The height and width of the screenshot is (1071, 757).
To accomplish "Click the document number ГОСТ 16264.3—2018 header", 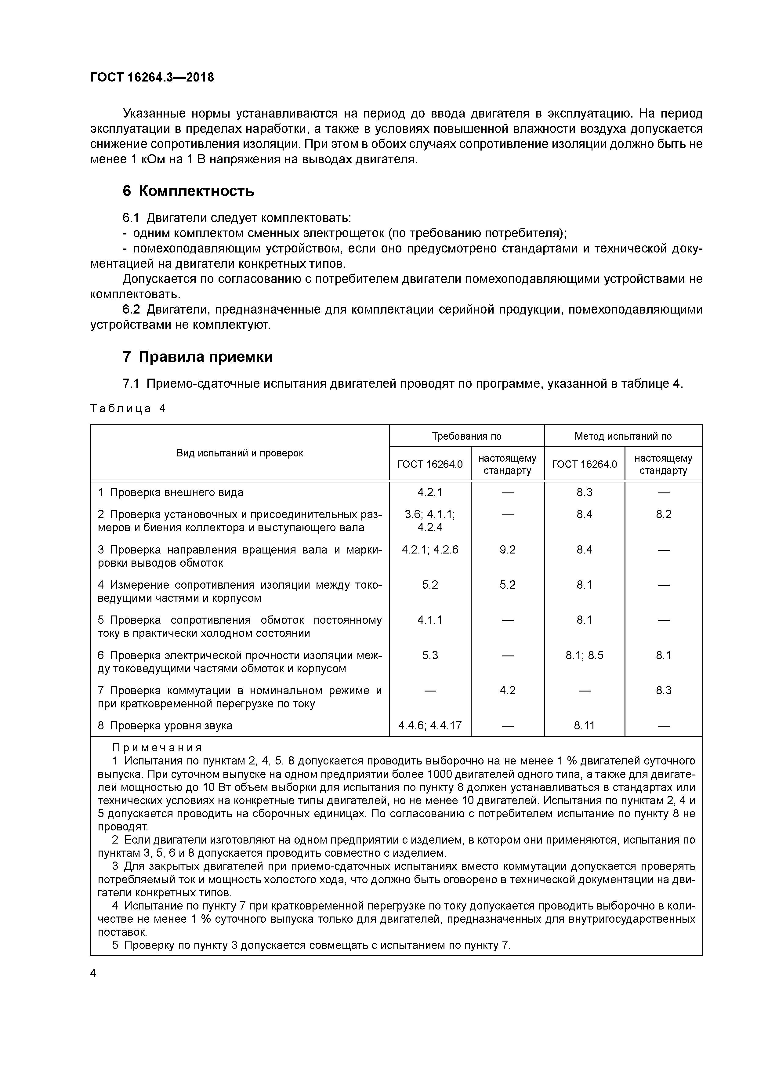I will [x=152, y=78].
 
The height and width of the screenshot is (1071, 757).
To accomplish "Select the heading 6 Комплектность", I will [x=188, y=191].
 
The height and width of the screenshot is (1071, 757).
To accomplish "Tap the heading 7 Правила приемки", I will [x=198, y=357].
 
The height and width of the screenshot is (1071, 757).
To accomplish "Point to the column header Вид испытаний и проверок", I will [x=240, y=453].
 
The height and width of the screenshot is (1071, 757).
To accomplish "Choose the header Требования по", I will [x=466, y=436].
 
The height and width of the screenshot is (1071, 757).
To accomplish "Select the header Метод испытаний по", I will [x=623, y=436].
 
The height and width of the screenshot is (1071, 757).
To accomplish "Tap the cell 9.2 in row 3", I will [x=508, y=550].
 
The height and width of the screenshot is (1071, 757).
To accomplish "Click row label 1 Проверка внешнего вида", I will [x=171, y=492].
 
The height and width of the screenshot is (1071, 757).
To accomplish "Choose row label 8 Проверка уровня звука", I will [x=165, y=725].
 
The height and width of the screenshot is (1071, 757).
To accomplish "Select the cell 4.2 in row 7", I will [x=508, y=690].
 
